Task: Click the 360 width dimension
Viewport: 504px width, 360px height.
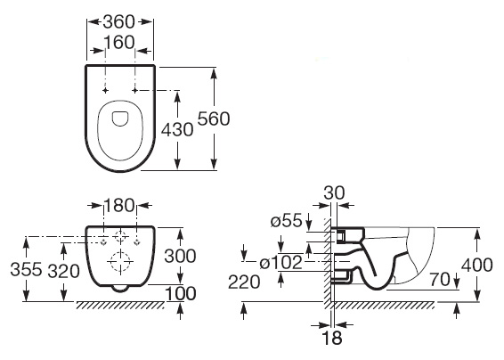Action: click(119, 22)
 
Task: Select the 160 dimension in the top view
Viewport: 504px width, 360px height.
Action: click(119, 43)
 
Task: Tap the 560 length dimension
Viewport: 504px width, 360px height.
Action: click(214, 119)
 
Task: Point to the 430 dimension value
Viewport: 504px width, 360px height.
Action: click(177, 130)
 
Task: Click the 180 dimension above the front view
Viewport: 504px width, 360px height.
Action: click(119, 205)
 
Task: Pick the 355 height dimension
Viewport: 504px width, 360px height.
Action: click(26, 269)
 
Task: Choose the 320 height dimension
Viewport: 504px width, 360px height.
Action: click(63, 271)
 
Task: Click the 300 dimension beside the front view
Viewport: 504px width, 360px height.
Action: click(180, 257)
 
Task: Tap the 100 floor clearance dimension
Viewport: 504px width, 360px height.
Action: click(181, 294)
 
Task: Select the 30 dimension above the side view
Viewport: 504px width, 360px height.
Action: click(334, 193)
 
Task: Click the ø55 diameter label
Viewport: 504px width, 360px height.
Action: click(287, 221)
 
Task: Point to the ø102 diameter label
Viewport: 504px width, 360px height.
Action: click(280, 263)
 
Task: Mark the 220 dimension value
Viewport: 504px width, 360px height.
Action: click(244, 282)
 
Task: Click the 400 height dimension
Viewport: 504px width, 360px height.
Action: click(477, 265)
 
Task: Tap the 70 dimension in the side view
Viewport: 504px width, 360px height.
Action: click(441, 280)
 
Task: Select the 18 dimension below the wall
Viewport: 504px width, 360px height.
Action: click(332, 338)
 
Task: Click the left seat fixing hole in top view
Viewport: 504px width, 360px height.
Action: click(105, 90)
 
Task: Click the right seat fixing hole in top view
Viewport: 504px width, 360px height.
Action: click(135, 90)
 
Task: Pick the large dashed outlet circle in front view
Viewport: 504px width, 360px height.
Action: click(120, 262)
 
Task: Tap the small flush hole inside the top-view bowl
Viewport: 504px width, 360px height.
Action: click(120, 119)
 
